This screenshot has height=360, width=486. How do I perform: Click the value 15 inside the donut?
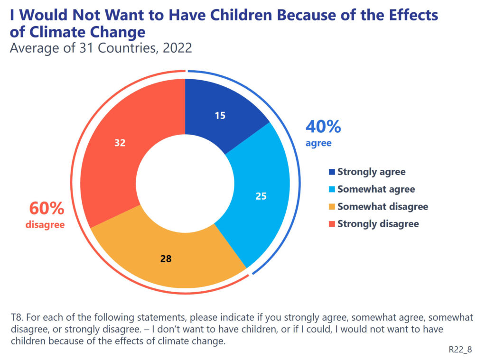coord(219,115)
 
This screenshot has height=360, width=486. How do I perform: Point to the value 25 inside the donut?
coord(261,195)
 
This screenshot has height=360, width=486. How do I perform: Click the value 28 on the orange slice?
coord(166,259)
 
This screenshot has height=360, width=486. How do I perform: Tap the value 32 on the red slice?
coord(120,142)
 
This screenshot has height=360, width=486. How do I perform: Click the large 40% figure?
coord(323,127)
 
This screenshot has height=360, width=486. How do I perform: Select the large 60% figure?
coord(47,209)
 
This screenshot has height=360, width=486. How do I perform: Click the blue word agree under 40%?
coord(318,143)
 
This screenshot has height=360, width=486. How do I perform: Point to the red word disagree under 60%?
coord(45,225)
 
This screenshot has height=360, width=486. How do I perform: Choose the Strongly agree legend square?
coord(332,172)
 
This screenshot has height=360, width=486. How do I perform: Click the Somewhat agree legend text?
coord(376,189)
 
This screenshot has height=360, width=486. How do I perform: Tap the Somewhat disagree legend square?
coord(332,207)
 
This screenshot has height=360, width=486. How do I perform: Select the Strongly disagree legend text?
coord(378,224)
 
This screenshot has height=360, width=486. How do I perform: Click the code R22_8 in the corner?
coord(460,350)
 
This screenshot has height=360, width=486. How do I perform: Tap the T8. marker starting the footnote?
coord(17,317)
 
